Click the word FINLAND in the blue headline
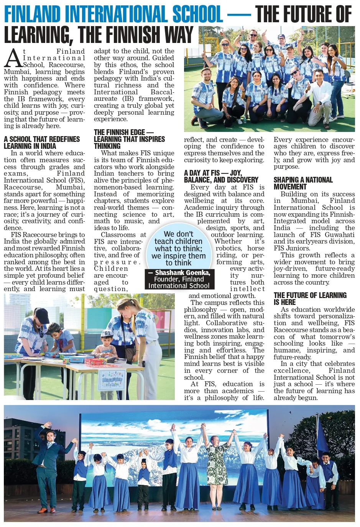click(x=32, y=15)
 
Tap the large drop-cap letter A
click(x=13, y=58)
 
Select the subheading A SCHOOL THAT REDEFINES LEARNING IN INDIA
click(x=42, y=142)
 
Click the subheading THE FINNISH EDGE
click(x=119, y=132)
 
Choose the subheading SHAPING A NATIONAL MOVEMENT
click(x=303, y=183)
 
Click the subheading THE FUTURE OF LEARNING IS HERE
click(x=310, y=298)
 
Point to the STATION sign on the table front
click(x=112, y=384)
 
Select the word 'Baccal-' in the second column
click(x=162, y=92)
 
